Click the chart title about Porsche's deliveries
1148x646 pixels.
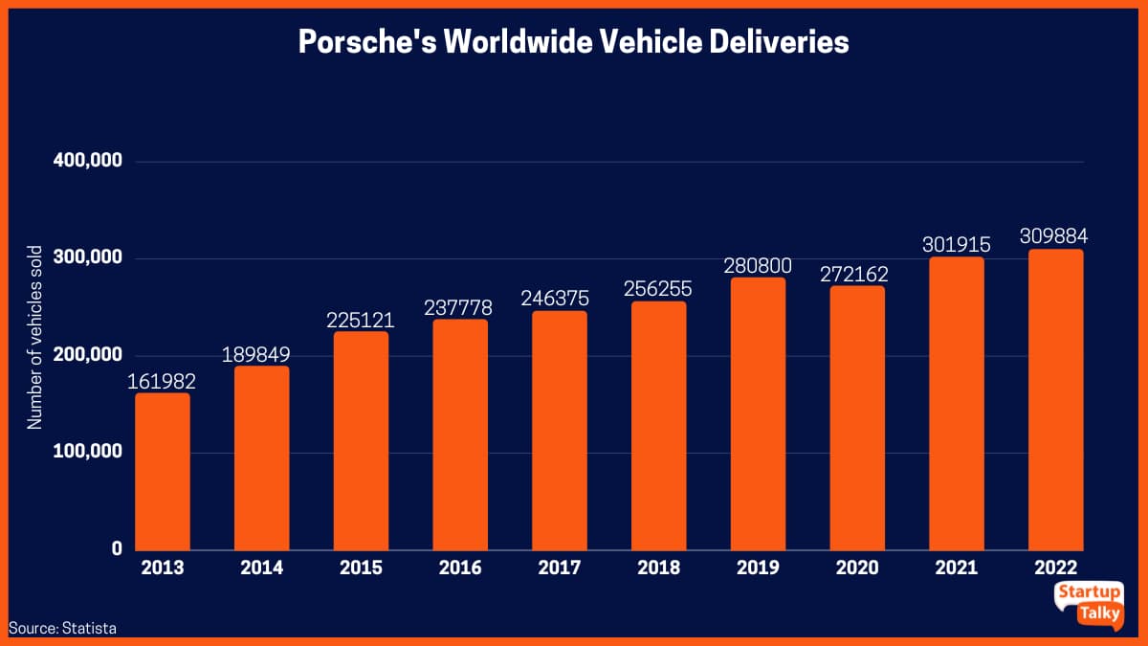pos(573,42)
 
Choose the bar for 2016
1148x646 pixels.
pos(460,434)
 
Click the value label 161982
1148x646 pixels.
pos(163,381)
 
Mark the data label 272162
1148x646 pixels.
pos(857,274)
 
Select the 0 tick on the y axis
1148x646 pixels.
pos(116,548)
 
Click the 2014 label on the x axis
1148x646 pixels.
pos(262,568)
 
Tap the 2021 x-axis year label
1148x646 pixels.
pos(957,568)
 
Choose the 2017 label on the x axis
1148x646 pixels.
pos(560,568)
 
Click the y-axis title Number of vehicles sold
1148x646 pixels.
pos(35,338)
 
